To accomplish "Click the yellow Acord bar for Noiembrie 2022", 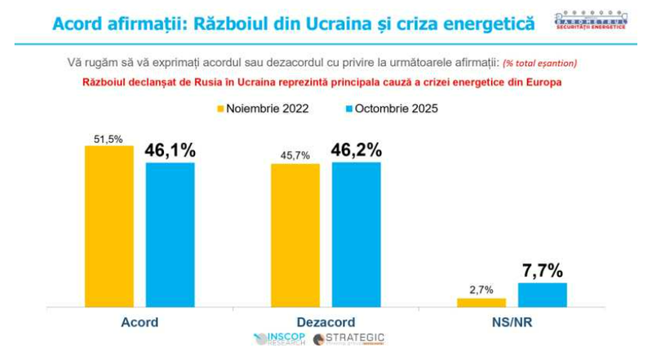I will [109, 226].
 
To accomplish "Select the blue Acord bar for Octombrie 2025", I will [171, 235].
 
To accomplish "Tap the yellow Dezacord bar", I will [295, 235].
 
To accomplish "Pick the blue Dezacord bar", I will [356, 234].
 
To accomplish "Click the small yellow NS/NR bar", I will [481, 302].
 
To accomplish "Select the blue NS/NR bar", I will [542, 295].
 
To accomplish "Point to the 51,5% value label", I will [109, 139].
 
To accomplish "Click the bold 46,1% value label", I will [170, 150].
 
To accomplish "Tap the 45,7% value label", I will [295, 155].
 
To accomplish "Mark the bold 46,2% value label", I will [356, 149].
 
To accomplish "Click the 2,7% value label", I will [481, 290].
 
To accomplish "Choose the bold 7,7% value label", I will [542, 270].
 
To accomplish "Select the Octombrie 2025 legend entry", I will [392, 109].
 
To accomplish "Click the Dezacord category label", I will [325, 322].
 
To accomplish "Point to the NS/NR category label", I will [511, 322].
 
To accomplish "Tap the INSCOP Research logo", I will [280, 339].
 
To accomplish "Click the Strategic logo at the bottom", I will [349, 339].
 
